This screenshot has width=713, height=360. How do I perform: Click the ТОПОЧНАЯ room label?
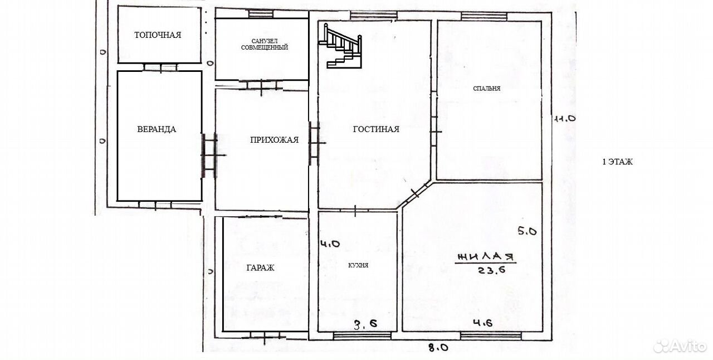[x=158, y=35]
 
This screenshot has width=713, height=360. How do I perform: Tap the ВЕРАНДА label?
[x=157, y=129]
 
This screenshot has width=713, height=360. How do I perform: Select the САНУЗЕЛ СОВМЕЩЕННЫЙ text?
[x=265, y=44]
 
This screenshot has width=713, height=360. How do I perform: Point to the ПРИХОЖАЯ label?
[x=275, y=139]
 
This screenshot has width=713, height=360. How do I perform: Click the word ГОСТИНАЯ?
[x=376, y=129]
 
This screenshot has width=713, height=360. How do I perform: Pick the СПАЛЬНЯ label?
[x=487, y=89]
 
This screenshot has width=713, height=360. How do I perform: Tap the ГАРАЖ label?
[x=260, y=268]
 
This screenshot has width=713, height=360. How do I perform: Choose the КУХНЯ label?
[x=358, y=265]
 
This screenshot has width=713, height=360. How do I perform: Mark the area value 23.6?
[x=491, y=270]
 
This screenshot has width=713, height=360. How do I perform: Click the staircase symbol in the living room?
[x=340, y=46]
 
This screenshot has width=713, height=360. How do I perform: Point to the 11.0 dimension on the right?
[x=565, y=119]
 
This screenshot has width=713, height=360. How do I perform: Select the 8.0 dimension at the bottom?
[x=438, y=347]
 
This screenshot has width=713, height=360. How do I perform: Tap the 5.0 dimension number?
[x=528, y=231]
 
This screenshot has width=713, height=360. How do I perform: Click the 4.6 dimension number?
[x=482, y=323]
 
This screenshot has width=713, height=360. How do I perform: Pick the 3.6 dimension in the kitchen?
[x=365, y=324]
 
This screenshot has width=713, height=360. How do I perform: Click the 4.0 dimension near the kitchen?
[x=330, y=244]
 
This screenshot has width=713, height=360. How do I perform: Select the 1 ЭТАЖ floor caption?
[x=618, y=162]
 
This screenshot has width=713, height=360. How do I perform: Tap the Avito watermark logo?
[x=680, y=346]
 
